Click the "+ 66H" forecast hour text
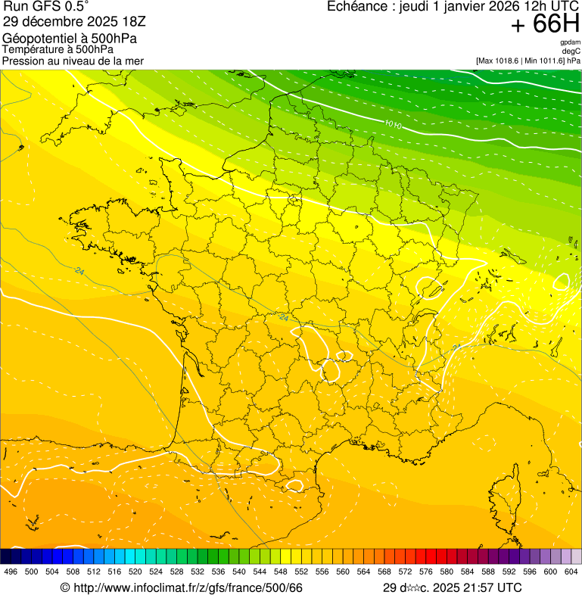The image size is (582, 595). click(x=545, y=25)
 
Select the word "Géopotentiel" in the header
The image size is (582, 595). click(x=36, y=39)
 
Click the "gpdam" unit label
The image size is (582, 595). click(x=570, y=42)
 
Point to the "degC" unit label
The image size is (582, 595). click(x=571, y=51)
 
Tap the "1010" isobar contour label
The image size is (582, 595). click(x=392, y=123)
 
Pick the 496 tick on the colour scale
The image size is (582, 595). click(x=11, y=572)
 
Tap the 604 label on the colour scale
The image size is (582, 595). click(x=571, y=572)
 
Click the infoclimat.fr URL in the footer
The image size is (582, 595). click(x=181, y=587)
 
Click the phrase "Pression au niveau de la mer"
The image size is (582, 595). click(x=73, y=61)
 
